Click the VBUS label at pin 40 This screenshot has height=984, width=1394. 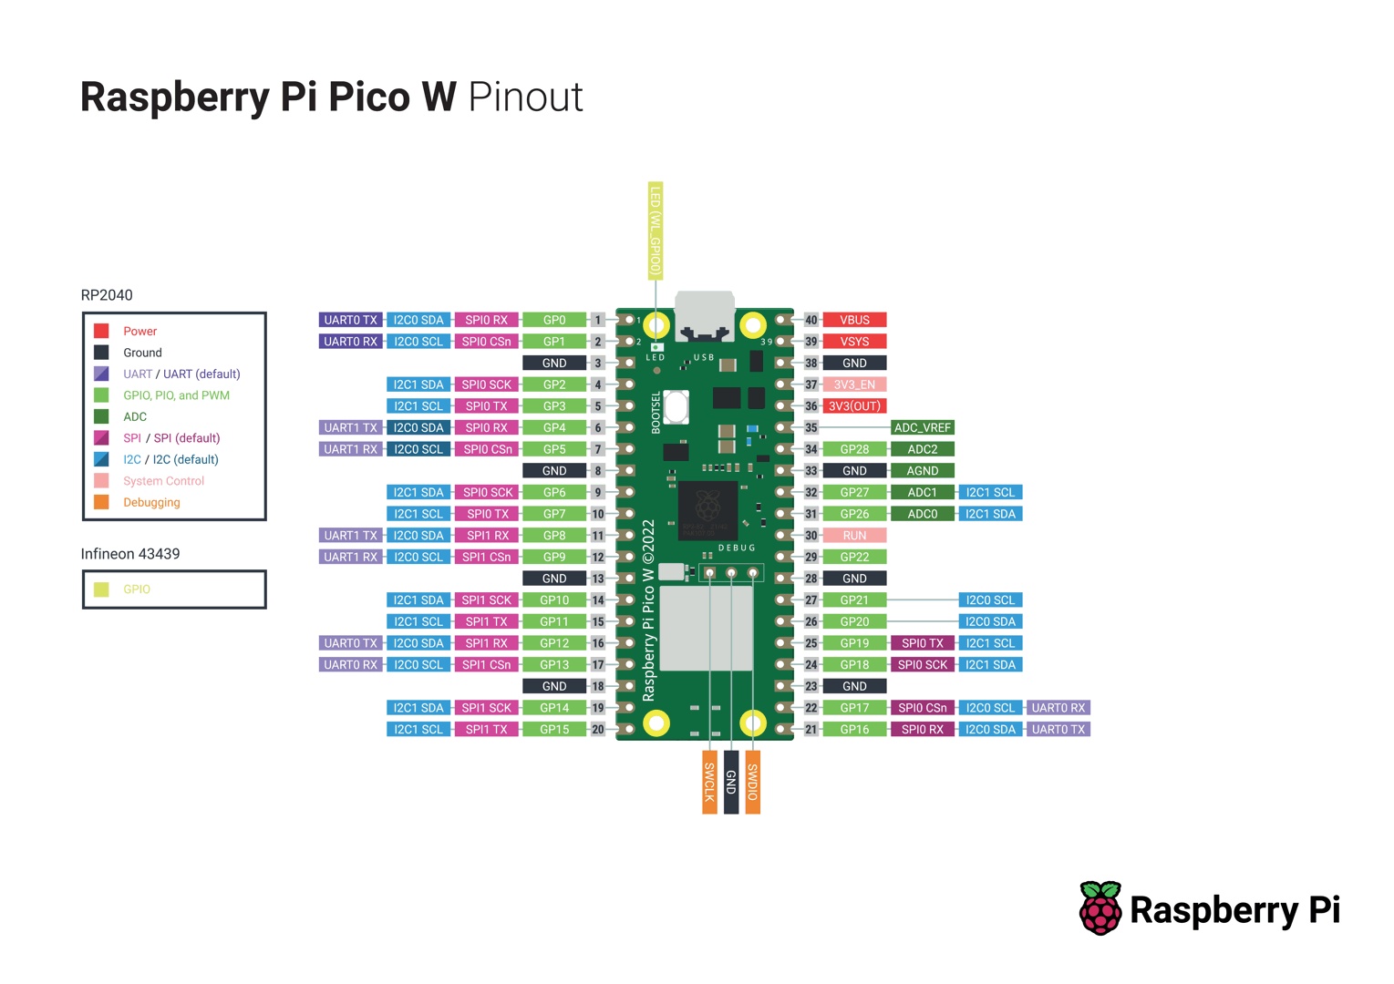[x=854, y=320]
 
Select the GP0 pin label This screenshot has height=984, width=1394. [x=554, y=320]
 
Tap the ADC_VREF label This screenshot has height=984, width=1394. [x=922, y=427]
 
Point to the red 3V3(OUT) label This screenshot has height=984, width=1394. [x=854, y=406]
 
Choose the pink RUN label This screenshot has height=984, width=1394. [x=854, y=536]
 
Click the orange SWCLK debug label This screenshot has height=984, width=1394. [x=709, y=782]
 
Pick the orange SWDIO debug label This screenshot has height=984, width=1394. [x=753, y=782]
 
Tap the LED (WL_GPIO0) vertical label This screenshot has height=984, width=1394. [x=656, y=231]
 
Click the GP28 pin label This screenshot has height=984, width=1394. [x=854, y=449]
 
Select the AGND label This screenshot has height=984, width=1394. [x=922, y=471]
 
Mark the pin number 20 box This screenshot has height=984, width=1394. [x=598, y=729]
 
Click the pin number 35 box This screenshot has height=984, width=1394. [x=811, y=427]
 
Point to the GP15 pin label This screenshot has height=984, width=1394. [x=554, y=729]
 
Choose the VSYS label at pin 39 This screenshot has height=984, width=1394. [x=854, y=342]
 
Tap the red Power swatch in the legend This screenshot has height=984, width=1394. [x=101, y=331]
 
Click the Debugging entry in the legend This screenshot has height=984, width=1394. [x=151, y=502]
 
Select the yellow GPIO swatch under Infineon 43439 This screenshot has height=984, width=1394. [x=101, y=589]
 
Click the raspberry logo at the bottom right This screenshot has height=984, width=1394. [x=1100, y=907]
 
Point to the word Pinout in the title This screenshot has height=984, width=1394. [x=525, y=97]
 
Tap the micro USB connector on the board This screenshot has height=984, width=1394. [x=705, y=314]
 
